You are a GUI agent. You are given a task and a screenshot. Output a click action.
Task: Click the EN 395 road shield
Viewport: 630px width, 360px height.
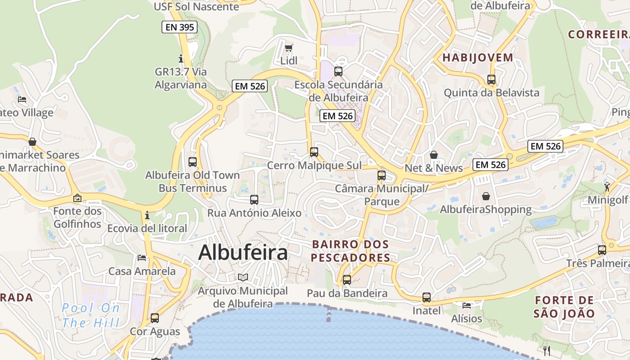pos(180,27)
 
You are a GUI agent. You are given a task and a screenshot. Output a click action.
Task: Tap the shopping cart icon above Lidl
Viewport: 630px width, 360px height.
pos(288,48)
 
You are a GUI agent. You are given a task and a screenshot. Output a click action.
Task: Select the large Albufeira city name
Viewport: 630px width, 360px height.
pos(243,252)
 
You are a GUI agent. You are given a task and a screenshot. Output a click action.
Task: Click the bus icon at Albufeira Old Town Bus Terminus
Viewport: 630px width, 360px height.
pos(193,162)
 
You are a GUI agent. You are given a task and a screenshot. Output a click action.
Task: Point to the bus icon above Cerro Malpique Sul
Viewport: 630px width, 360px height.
pos(314,152)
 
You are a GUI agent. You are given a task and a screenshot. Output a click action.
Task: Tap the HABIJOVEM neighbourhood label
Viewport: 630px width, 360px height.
pos(478,58)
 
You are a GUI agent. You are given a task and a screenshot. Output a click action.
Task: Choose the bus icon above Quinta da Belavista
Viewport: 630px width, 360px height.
pos(491,80)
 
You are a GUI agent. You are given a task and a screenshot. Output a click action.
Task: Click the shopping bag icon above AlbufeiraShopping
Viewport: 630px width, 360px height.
pos(486,196)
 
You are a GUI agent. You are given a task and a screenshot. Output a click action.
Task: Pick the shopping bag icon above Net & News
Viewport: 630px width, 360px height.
pos(434,155)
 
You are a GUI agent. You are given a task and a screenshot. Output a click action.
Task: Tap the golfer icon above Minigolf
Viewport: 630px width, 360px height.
pos(607,186)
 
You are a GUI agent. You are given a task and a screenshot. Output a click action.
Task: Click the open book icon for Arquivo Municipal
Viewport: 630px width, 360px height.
pos(243,277)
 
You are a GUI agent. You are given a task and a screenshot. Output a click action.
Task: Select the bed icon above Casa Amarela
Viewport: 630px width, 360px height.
pos(142,258)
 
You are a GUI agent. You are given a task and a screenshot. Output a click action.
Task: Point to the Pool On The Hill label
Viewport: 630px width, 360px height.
pos(91,315)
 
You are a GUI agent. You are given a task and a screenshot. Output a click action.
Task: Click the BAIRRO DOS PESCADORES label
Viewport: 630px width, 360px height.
pos(351,251)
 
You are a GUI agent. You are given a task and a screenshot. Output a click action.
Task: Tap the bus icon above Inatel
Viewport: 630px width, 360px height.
pos(426,297)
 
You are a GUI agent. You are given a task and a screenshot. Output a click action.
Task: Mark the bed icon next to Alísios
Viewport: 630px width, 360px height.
pos(467,306)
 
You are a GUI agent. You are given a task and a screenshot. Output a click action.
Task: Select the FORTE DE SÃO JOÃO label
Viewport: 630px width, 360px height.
pos(564,307)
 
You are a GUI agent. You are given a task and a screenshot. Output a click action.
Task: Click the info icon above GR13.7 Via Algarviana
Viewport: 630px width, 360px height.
pos(181,58)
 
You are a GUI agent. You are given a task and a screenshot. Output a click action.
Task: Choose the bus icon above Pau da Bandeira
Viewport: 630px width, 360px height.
pos(347,280)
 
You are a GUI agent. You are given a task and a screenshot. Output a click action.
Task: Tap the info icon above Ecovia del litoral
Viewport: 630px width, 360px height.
pos(147,215)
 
